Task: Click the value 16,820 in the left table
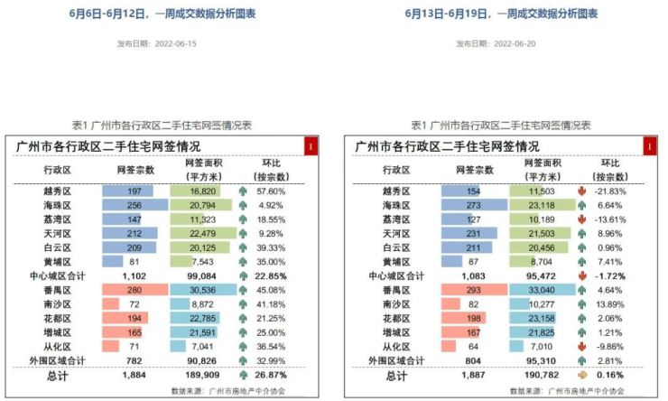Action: [203, 191]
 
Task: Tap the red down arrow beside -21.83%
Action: [581, 191]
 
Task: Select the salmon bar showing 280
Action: [135, 290]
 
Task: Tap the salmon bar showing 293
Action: [474, 290]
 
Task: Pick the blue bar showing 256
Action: [135, 205]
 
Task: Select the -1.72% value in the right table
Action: [609, 275]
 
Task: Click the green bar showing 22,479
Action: [203, 234]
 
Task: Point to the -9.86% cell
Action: [609, 346]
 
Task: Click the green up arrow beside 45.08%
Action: [243, 290]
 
